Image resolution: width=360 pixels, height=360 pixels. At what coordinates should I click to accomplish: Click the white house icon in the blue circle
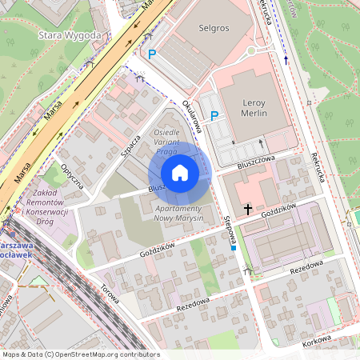(x=180, y=173)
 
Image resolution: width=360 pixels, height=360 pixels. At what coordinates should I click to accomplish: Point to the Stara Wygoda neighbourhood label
(x=70, y=35)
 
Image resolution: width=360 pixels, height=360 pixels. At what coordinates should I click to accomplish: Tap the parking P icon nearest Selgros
(x=151, y=54)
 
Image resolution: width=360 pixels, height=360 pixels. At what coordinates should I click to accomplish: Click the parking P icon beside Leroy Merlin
(x=214, y=116)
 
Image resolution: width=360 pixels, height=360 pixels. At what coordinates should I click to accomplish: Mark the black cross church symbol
(x=248, y=210)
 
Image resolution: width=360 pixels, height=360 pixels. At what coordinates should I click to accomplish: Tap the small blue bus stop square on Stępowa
(x=233, y=248)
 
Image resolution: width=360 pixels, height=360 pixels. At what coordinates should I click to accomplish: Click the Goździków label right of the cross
(x=279, y=207)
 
